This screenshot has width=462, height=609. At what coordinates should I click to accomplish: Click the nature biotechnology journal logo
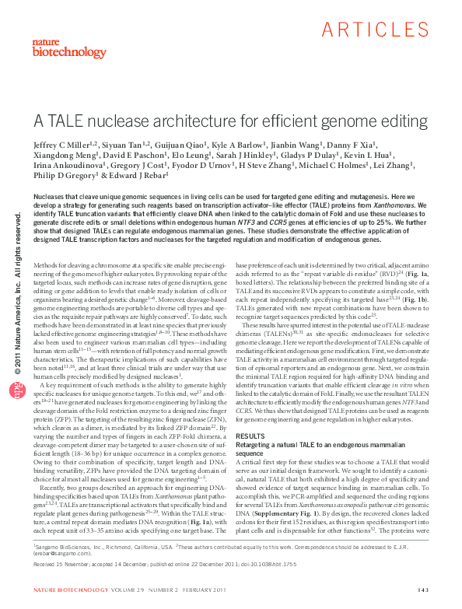[58, 47]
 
